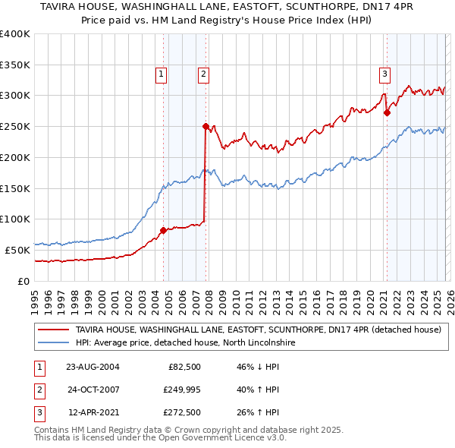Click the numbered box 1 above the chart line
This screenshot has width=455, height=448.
coord(162,74)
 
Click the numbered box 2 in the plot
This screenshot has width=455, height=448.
coord(205,74)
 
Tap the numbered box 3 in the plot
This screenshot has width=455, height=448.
coord(385,74)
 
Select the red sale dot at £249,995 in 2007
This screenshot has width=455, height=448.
coord(206,126)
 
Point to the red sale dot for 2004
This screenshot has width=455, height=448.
coord(163,229)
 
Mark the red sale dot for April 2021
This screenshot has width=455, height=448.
coord(387,112)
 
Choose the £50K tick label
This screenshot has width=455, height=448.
coord(17,250)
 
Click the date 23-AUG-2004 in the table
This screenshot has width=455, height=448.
coord(93,367)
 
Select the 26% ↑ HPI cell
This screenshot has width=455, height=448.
coord(259,414)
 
